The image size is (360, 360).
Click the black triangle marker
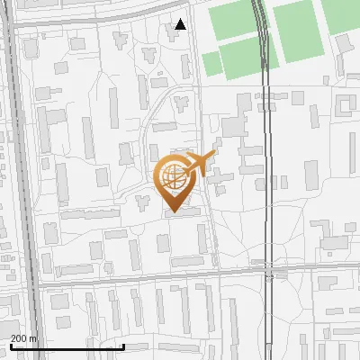(181, 24)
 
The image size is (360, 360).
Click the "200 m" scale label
(24, 338)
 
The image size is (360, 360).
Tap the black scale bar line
(67, 346)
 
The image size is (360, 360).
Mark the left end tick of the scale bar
(11, 345)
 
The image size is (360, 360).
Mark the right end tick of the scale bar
(123, 345)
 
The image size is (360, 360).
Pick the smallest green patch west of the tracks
(211, 64)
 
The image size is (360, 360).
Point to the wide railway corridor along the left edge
(22, 180)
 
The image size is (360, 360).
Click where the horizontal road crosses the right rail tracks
(268, 267)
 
